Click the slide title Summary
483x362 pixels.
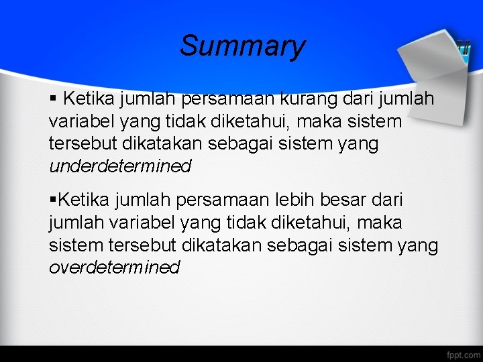point(242,46)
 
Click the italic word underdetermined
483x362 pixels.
point(120,166)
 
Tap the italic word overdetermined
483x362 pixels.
point(115,267)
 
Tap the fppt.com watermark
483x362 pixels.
point(463,353)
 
